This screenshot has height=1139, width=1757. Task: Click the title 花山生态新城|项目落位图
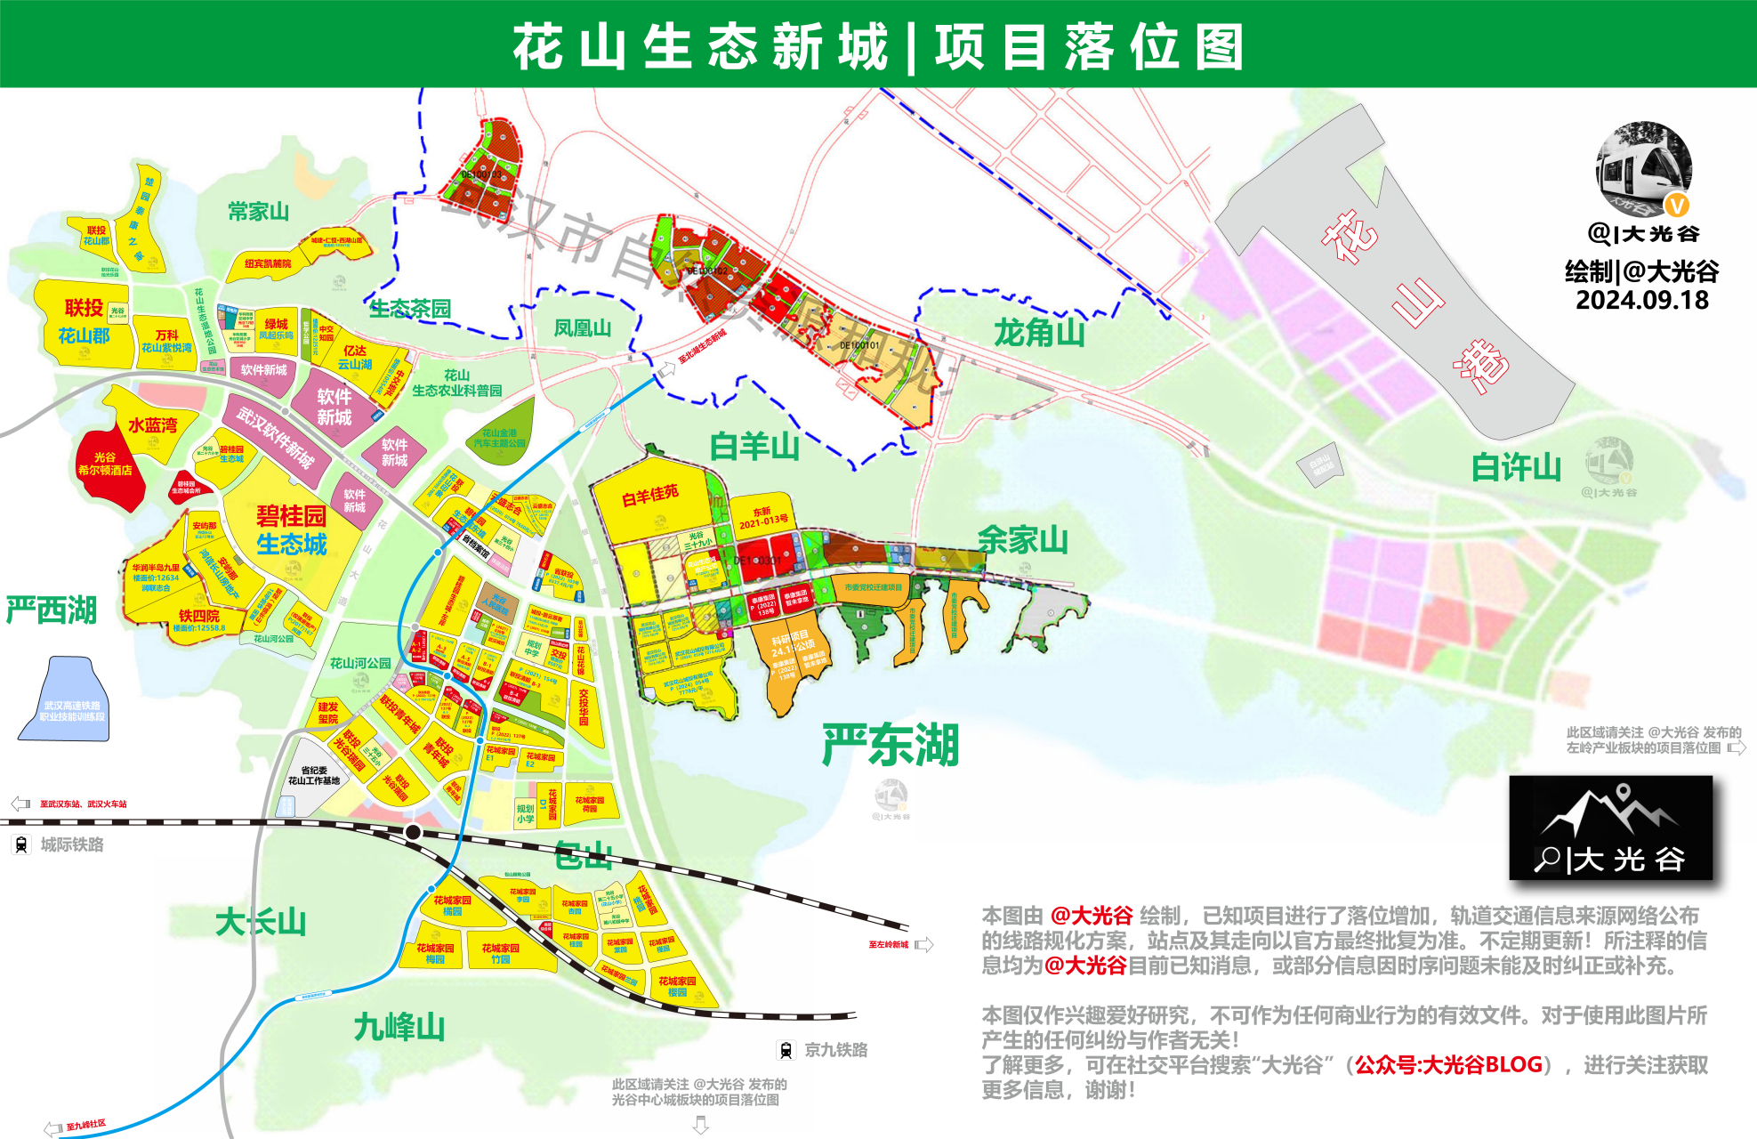coord(878,46)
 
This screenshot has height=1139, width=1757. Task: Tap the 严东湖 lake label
coord(891,745)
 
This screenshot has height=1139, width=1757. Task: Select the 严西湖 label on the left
coord(51,610)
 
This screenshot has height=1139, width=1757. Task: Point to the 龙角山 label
coord(1039,333)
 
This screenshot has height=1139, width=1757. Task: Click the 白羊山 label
coord(754,446)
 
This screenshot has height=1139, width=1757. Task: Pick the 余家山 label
coord(1022,539)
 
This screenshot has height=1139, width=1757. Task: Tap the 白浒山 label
coord(1516,467)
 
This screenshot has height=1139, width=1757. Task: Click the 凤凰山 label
coord(582,328)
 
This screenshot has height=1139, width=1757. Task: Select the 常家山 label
coord(258,212)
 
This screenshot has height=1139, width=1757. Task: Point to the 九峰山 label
coord(399,1027)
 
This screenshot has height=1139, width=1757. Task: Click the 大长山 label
coord(260,922)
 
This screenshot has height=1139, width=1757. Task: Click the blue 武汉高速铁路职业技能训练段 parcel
coord(67,703)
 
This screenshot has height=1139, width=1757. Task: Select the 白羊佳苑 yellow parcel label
coord(649,494)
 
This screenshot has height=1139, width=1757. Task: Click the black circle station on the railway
coord(413,832)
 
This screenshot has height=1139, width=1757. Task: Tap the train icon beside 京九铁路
coord(786,1050)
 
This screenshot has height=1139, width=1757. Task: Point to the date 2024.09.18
coord(1642,300)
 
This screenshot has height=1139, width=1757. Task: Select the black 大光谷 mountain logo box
coord(1610,828)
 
